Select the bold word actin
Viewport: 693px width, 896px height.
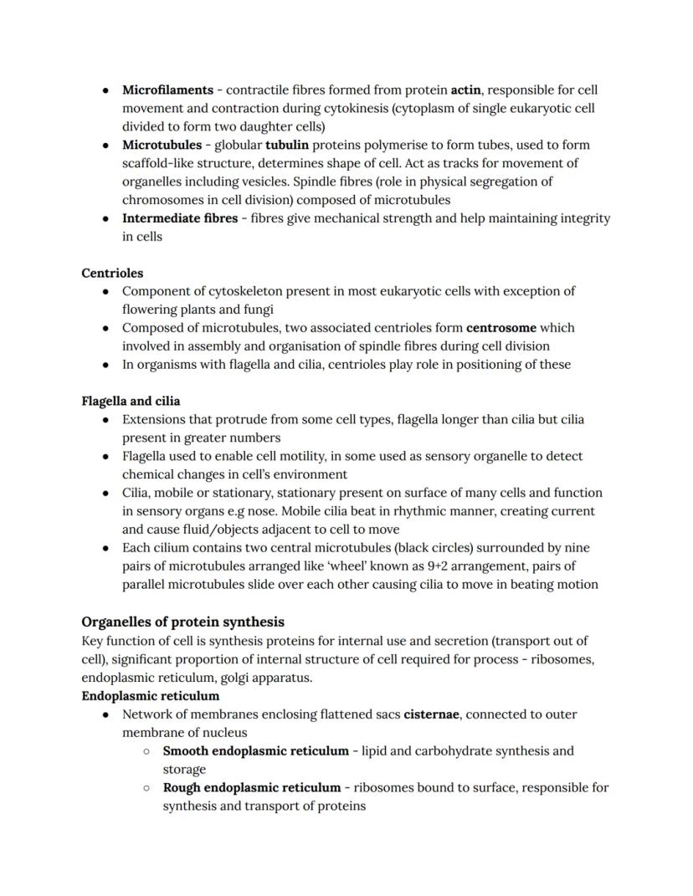click(x=465, y=90)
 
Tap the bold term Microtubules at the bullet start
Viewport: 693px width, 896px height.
click(x=162, y=145)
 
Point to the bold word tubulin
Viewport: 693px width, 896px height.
click(x=287, y=145)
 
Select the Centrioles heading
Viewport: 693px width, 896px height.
click(x=112, y=273)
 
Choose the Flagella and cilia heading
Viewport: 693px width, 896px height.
click(x=131, y=401)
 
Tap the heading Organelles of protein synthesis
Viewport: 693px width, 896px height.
click(x=182, y=622)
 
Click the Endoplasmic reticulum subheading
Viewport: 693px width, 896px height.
click(x=151, y=695)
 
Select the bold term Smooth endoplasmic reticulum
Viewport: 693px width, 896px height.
click(x=255, y=750)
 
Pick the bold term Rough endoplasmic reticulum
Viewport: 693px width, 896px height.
click(x=252, y=787)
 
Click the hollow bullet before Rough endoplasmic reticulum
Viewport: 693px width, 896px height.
click(x=146, y=787)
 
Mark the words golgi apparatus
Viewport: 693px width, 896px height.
click(x=266, y=678)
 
